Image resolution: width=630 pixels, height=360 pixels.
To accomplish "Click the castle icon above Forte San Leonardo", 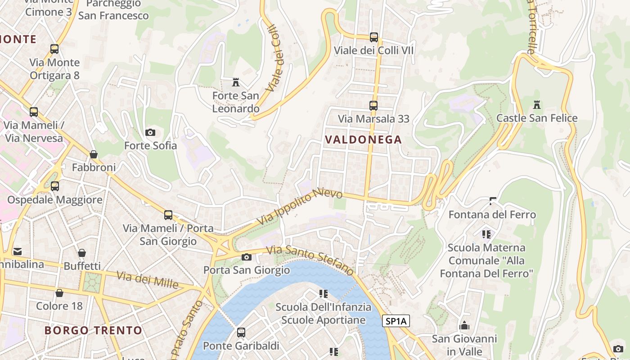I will point(235,82).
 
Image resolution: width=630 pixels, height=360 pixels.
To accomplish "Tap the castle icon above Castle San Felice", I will point(536,105).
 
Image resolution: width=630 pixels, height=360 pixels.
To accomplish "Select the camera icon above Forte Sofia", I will point(150,132).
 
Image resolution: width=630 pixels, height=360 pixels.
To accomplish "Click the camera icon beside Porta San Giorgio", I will point(246,257).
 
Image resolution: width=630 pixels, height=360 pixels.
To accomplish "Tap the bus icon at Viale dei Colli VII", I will point(373,37).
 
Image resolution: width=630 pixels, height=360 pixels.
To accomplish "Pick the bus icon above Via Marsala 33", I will point(373,106).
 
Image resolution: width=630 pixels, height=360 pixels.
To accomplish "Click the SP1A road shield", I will point(396,321).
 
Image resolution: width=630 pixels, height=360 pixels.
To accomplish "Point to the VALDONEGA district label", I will point(363,139).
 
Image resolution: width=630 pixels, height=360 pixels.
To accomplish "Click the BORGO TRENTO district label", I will point(93,330).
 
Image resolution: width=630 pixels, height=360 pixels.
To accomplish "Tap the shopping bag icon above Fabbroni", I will point(94,154).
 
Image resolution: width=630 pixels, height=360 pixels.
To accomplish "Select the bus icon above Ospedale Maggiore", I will point(54,186).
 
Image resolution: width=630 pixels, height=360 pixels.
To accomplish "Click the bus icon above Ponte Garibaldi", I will point(241,333).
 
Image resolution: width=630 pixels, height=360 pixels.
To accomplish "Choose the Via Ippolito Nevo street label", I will point(300,207).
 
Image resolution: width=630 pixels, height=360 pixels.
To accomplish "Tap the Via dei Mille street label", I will point(147,279).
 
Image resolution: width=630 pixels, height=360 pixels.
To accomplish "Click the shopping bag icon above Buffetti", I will point(81,253).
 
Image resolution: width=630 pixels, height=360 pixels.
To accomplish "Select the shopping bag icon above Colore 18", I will point(59,293).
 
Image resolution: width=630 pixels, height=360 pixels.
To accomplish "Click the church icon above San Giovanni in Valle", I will point(464,325).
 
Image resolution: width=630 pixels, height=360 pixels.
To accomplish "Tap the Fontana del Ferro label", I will point(492,214).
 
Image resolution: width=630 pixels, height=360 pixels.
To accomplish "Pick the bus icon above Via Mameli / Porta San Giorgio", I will point(168,215).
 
